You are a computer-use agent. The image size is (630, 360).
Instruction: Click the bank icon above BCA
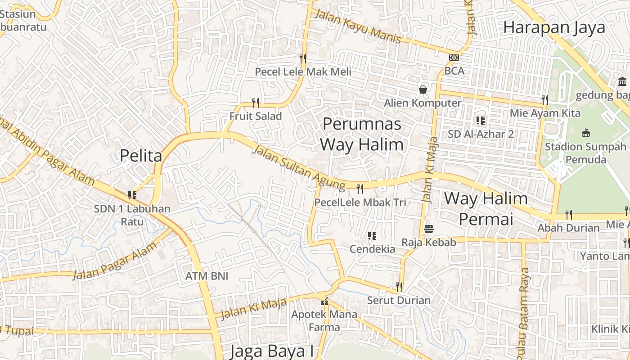[x=454, y=58]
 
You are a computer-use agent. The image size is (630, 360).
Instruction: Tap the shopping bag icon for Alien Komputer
[x=423, y=89]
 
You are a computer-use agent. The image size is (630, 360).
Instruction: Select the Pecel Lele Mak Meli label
[x=303, y=72]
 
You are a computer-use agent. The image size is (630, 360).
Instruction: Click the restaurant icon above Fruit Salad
[x=256, y=103]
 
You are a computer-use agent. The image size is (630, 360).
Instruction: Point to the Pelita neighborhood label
[x=141, y=156]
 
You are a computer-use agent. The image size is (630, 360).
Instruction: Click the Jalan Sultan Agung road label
[x=298, y=166]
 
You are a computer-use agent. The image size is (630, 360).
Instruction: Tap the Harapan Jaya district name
[x=554, y=27]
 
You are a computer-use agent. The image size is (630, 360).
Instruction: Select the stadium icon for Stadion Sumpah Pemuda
[x=585, y=133]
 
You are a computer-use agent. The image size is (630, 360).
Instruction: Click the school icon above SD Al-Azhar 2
[x=481, y=121]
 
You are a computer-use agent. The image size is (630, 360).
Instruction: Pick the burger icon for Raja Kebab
[x=428, y=229]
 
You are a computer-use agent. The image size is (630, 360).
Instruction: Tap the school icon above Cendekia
[x=372, y=236]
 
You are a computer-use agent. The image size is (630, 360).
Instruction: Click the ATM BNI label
[x=207, y=276]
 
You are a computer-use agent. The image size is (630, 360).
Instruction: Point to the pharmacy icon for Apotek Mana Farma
[x=324, y=301]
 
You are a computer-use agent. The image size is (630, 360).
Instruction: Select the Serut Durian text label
[x=399, y=300]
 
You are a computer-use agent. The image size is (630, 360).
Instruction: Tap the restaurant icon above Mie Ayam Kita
[x=544, y=99]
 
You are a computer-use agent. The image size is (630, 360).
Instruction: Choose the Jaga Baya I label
[x=271, y=351]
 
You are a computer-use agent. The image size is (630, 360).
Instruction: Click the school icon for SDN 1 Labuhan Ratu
[x=132, y=195]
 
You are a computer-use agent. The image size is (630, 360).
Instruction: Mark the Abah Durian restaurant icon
[x=569, y=214]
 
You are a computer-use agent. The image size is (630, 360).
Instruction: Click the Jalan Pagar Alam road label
[x=116, y=261]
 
